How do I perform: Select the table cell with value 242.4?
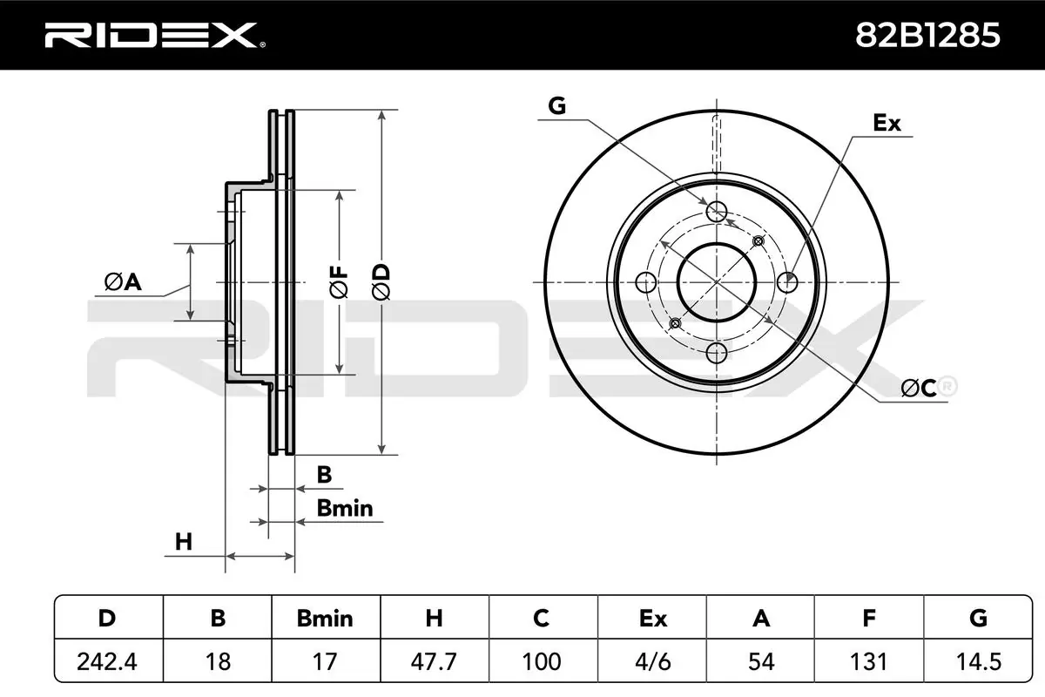108,661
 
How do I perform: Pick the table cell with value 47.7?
434,661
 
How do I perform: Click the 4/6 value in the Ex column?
651,661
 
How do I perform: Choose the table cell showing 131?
868,661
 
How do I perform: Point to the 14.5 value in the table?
977,661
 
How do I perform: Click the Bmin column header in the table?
325,619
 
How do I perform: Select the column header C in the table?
542,619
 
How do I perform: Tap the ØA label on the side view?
122,281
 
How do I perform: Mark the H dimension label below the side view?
183,541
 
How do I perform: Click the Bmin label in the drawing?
344,508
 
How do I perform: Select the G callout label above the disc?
557,106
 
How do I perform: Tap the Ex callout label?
887,123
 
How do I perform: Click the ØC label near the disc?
919,388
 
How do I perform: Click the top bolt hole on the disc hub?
717,211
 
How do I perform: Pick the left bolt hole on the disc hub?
646,282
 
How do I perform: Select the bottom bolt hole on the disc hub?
717,353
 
